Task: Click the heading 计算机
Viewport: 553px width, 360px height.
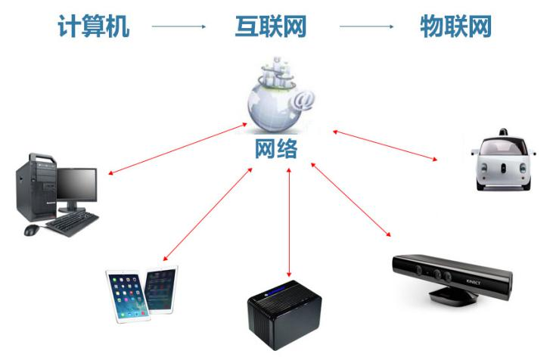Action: click(x=94, y=26)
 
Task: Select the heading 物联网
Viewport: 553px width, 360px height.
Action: click(x=455, y=26)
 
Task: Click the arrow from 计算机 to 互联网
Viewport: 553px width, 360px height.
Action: click(x=179, y=26)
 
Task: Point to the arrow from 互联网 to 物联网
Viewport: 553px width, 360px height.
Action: click(x=366, y=26)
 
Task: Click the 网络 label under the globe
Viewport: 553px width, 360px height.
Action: click(x=275, y=148)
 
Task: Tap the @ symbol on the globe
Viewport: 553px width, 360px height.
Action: click(x=304, y=98)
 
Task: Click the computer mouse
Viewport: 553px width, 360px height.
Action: click(x=33, y=230)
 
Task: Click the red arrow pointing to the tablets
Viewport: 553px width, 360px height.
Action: click(x=208, y=215)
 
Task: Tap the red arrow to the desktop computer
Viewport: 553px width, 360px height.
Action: click(x=179, y=147)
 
